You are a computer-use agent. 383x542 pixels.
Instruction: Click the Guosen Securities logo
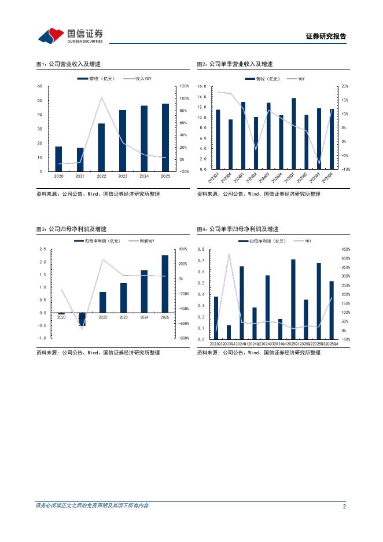click(70, 36)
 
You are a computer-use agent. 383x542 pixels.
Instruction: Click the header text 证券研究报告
click(326, 36)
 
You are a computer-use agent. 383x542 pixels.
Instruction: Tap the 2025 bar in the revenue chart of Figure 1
click(165, 137)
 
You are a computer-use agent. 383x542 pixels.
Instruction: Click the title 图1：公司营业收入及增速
click(68, 64)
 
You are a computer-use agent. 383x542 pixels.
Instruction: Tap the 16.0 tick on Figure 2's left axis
click(202, 86)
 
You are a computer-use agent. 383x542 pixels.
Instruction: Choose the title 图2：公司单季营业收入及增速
click(234, 64)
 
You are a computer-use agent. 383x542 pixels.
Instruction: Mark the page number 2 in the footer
click(344, 506)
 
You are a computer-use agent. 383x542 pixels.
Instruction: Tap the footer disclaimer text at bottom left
click(93, 506)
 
